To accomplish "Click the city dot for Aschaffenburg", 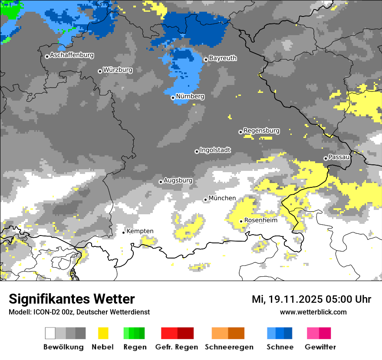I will click(x=47, y=56).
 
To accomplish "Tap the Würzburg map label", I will click(x=118, y=70).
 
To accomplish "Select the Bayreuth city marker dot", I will click(x=206, y=60).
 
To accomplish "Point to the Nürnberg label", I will click(x=190, y=96).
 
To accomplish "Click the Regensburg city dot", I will click(x=240, y=132).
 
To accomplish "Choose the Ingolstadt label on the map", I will click(x=215, y=150).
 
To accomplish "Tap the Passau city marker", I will click(x=326, y=158).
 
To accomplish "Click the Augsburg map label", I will click(x=178, y=180).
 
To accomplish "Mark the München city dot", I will click(x=206, y=200).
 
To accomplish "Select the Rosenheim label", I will click(x=260, y=220).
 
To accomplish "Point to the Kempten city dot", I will click(x=124, y=232).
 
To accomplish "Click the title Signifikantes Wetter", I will click(x=72, y=299).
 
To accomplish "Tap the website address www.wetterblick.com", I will click(x=313, y=312).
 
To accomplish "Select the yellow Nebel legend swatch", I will click(x=103, y=333).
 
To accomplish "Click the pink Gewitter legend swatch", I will click(x=313, y=333).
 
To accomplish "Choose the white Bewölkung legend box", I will click(x=50, y=333).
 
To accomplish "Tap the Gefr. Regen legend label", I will click(x=177, y=347).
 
